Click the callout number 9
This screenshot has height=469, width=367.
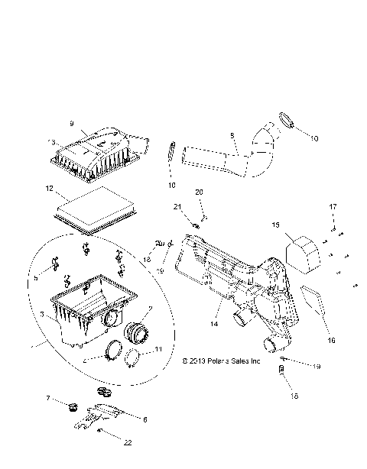click(71, 123)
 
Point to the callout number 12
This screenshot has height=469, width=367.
click(48, 188)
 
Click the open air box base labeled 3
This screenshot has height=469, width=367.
click(88, 313)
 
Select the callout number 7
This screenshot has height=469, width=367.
click(48, 399)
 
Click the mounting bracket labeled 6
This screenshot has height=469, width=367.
click(104, 417)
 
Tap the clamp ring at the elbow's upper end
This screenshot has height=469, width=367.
click(287, 119)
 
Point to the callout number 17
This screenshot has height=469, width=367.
click(333, 207)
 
